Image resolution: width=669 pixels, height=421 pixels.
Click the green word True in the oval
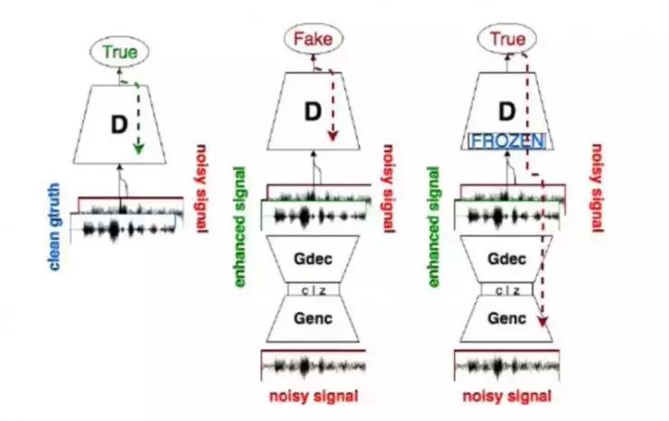point(119,53)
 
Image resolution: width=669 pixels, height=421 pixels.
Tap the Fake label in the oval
point(312,39)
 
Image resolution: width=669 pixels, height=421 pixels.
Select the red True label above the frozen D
point(507,39)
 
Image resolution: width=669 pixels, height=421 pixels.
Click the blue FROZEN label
point(506,140)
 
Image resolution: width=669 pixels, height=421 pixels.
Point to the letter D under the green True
point(118,125)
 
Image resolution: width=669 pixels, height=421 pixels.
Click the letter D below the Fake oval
point(312,111)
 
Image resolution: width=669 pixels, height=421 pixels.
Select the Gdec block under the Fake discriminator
point(313,257)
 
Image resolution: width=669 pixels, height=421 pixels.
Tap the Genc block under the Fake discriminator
point(313,320)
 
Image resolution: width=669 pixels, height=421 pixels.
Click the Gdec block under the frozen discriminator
point(507,257)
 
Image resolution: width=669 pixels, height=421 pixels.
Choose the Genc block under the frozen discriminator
point(507,320)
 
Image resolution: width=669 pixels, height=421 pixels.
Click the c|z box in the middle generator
point(313,289)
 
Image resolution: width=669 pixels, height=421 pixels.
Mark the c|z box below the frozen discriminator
point(507,289)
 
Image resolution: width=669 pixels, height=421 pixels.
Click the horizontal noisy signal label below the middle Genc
point(313,395)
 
